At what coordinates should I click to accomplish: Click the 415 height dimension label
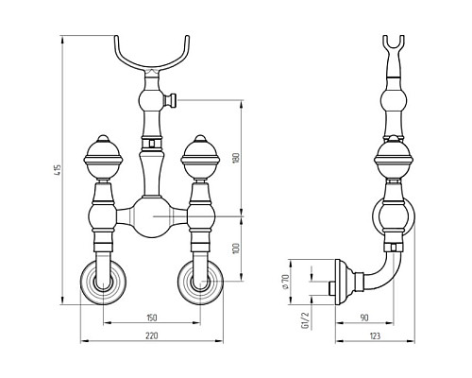(59, 170)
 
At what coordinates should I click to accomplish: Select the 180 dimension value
(237, 158)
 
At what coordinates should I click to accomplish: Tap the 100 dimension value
(237, 249)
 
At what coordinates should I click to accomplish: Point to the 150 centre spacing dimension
(151, 318)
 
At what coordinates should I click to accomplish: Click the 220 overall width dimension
(151, 336)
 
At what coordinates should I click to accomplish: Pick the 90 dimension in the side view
(364, 318)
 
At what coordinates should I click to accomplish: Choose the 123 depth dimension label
(375, 336)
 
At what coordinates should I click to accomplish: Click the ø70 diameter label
(285, 282)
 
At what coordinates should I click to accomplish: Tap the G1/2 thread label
(305, 320)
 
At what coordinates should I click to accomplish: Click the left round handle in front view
(103, 157)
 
